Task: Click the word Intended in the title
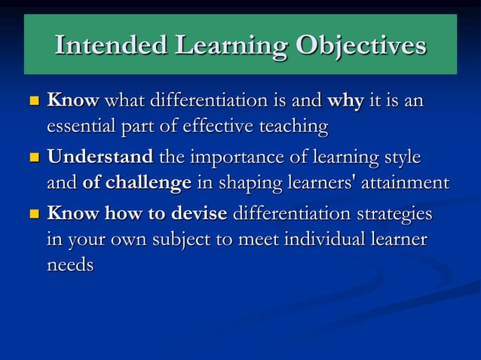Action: pos(111,46)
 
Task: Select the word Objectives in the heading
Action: pos(360,46)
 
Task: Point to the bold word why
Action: pos(345,100)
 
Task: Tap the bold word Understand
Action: pos(100,157)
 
